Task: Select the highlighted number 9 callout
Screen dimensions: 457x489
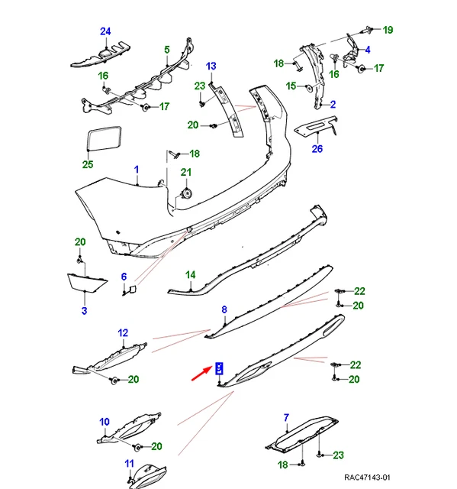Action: (x=219, y=368)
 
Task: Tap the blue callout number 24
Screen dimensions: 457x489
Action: (x=105, y=31)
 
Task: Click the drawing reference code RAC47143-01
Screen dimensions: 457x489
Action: (x=367, y=477)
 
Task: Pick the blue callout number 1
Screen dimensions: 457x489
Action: (x=137, y=170)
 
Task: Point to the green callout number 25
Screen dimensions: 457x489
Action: (x=88, y=164)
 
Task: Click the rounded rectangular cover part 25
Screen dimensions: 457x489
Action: (x=105, y=138)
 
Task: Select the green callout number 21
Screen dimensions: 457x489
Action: (x=186, y=172)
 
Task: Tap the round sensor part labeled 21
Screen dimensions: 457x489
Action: (x=187, y=193)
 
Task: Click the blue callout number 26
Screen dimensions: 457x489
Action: (x=317, y=148)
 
